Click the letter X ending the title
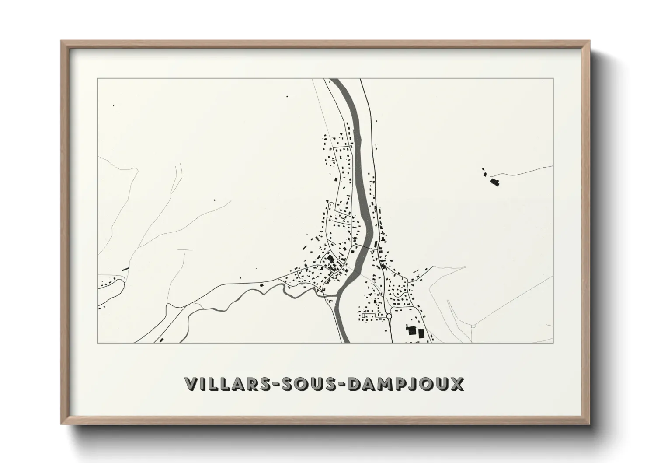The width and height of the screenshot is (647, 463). [x=456, y=384]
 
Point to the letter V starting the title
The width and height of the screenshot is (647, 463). [x=191, y=384]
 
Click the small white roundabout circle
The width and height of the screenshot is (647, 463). [x=389, y=316]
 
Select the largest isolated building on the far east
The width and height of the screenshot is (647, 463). [x=495, y=182]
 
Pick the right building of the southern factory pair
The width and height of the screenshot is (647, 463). [x=421, y=333]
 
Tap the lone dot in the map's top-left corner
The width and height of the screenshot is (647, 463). [x=114, y=105]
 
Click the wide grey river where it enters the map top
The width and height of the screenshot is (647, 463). [x=337, y=81]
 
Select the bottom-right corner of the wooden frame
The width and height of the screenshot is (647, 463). [x=590, y=423]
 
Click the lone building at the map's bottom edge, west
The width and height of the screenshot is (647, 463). [x=162, y=339]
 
